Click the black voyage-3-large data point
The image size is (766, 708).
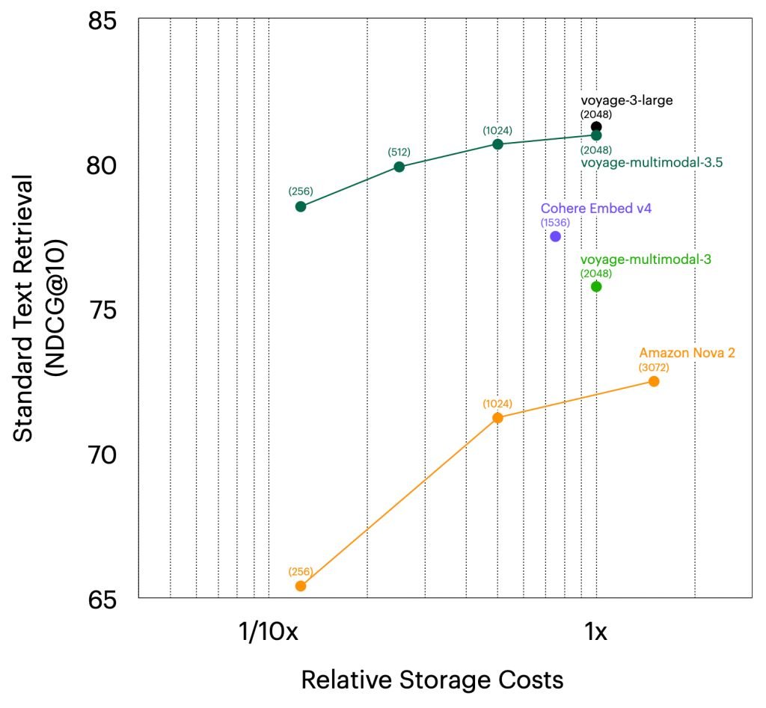[596, 127]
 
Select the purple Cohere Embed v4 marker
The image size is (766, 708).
[555, 236]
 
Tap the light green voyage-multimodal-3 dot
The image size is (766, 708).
[596, 286]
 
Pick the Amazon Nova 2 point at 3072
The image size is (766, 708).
[653, 381]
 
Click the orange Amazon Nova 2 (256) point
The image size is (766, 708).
[301, 585]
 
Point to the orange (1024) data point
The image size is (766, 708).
[497, 417]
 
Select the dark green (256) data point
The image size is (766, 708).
[301, 206]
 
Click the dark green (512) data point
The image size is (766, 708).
[399, 167]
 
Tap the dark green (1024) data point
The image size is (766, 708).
[497, 144]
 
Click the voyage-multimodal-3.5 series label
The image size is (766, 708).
[651, 162]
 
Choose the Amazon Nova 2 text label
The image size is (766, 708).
[687, 354]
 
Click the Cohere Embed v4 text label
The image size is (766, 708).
[595, 209]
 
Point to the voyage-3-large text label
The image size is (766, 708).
[622, 100]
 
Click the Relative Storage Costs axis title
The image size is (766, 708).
[432, 680]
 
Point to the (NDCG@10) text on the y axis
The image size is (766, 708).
[57, 310]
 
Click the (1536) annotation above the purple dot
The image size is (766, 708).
[555, 222]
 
